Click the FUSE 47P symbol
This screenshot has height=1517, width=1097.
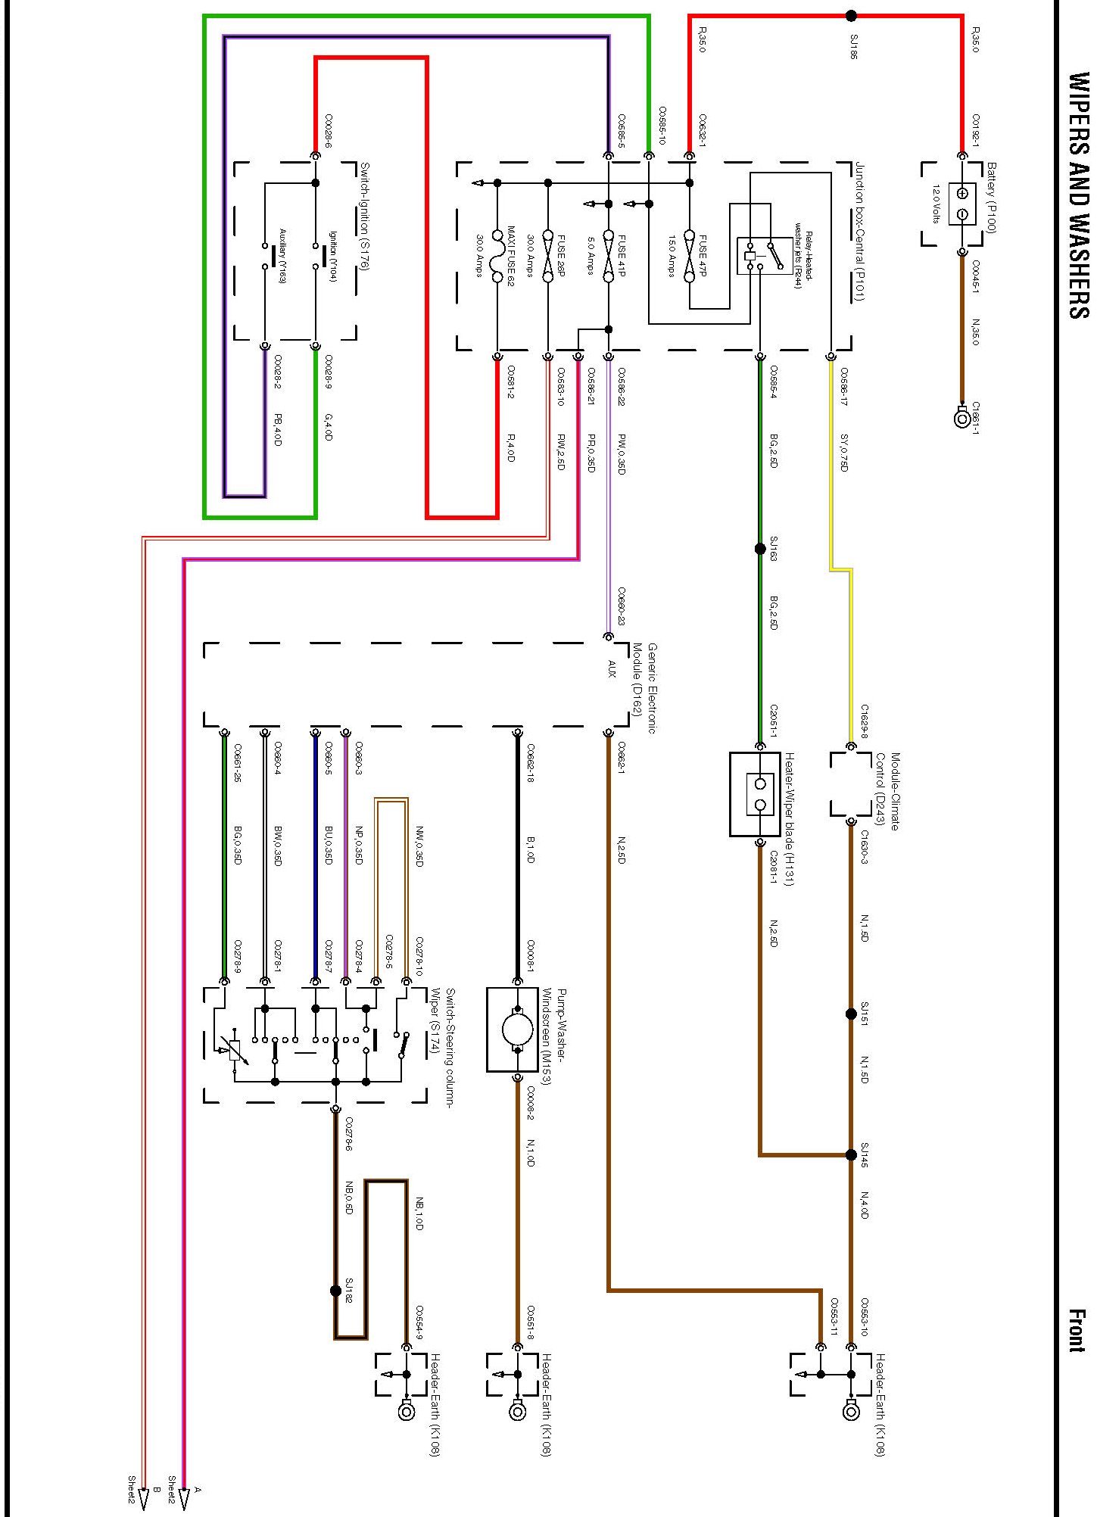click(x=689, y=256)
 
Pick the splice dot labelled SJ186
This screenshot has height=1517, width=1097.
click(x=851, y=15)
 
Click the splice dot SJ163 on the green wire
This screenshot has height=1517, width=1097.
click(x=760, y=549)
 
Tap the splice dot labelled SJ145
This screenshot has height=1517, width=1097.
click(x=851, y=1155)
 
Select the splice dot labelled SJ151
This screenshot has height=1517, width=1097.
click(x=851, y=1014)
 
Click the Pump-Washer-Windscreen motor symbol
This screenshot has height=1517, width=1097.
click(x=517, y=1030)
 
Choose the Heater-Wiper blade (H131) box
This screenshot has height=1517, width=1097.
click(x=755, y=794)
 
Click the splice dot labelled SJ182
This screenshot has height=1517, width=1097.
click(x=336, y=1291)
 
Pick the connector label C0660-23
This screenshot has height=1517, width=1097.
click(x=621, y=606)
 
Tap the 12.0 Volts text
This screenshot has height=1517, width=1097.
click(x=936, y=204)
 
